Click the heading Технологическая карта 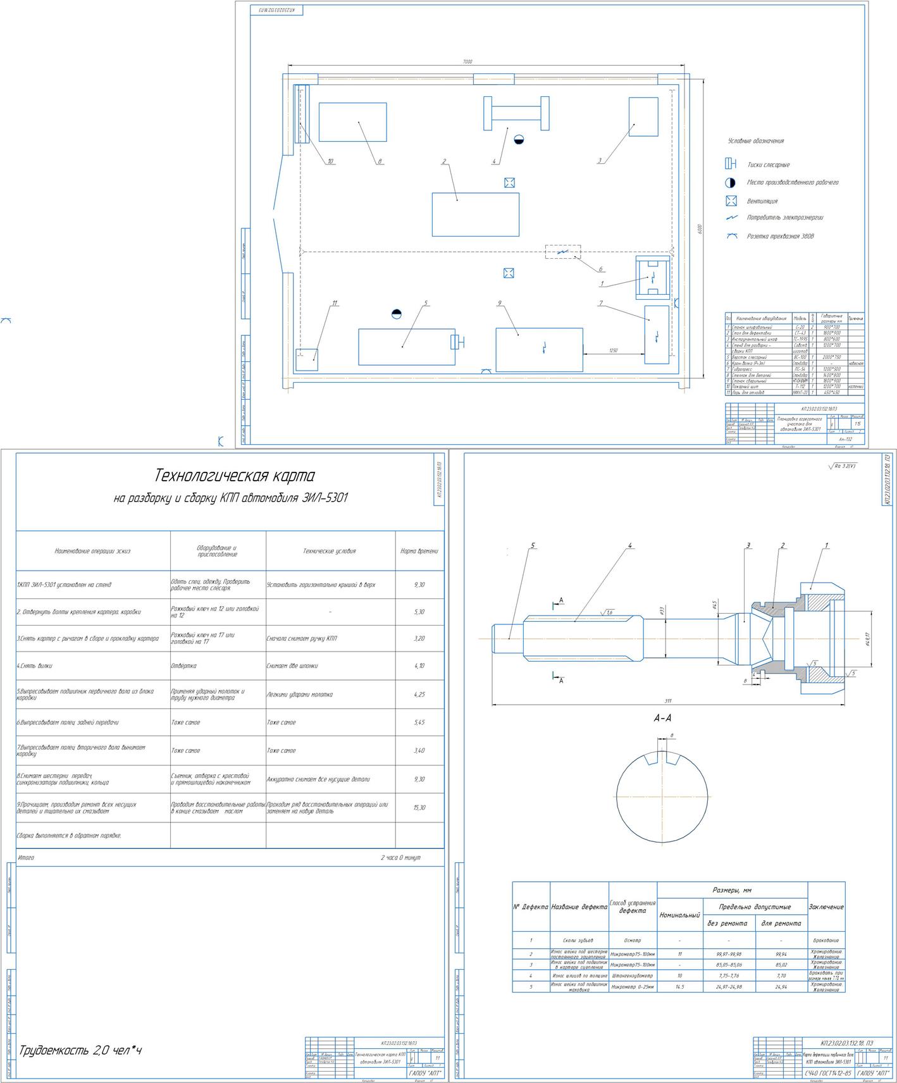click(x=234, y=476)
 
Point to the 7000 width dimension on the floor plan click(x=467, y=62)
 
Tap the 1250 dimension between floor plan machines click(x=613, y=350)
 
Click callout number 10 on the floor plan click(x=330, y=161)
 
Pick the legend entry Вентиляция click(x=762, y=201)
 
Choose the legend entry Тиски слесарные click(x=768, y=165)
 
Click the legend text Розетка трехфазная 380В click(x=780, y=237)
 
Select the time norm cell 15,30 click(x=419, y=808)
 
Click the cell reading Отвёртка click(x=183, y=666)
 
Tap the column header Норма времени click(x=419, y=551)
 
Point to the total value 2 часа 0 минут click(x=400, y=858)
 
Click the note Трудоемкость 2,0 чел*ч click(x=80, y=1051)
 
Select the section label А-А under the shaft click(x=662, y=719)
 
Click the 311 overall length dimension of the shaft click(x=668, y=701)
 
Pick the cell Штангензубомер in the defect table click(x=633, y=976)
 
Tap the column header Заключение click(x=826, y=907)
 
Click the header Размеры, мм click(x=732, y=890)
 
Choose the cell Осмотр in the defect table click(x=633, y=941)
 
